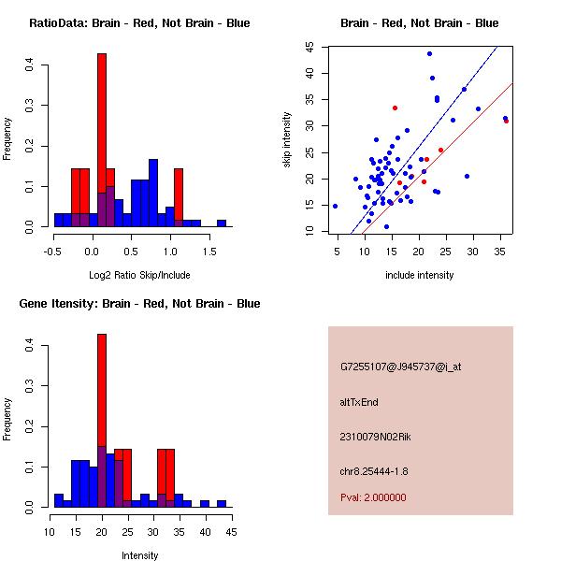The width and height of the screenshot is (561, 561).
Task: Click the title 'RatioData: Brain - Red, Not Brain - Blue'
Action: point(139,23)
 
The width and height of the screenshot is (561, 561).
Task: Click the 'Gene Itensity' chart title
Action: point(139,304)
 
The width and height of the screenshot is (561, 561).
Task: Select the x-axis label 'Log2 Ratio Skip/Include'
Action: point(139,275)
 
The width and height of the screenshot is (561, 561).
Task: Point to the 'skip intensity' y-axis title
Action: point(288,140)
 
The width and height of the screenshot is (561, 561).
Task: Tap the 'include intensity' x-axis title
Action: point(420,275)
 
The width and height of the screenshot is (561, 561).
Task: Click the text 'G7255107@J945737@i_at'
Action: point(401,367)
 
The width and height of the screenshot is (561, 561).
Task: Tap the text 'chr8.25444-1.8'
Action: point(374,470)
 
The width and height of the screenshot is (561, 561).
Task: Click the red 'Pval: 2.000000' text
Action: point(373,497)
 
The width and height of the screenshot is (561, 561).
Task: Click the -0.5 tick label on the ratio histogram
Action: point(53,251)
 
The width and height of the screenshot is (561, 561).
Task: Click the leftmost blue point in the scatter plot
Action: point(335,206)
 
